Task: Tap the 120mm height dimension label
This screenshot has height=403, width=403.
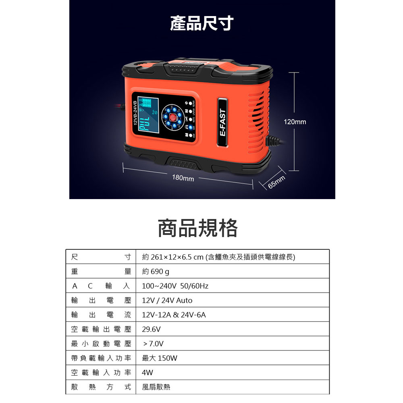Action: pos(295,121)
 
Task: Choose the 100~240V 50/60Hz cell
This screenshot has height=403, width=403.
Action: pos(175,286)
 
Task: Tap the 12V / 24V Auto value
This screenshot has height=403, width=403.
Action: pos(167,301)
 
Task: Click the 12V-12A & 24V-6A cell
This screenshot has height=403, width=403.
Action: pos(174,315)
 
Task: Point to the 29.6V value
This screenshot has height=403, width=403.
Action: pos(152,329)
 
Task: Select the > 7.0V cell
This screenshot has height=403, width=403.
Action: pos(154,344)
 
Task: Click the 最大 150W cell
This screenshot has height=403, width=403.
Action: pos(160,358)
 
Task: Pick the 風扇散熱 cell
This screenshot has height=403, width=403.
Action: pos(156,387)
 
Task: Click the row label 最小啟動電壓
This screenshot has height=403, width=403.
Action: pos(101,344)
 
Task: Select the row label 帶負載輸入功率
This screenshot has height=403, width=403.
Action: pos(101,358)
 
